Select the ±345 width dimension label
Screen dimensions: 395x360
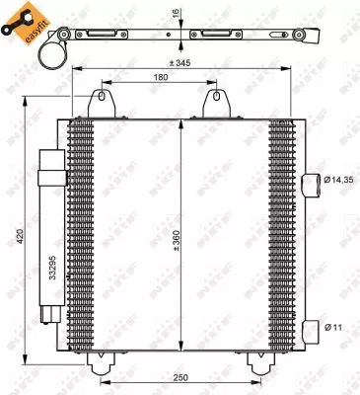coord(180,63)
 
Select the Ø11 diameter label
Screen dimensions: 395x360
coord(337,326)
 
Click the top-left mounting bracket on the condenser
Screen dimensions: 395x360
coord(100,103)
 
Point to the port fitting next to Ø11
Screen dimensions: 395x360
coord(312,326)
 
